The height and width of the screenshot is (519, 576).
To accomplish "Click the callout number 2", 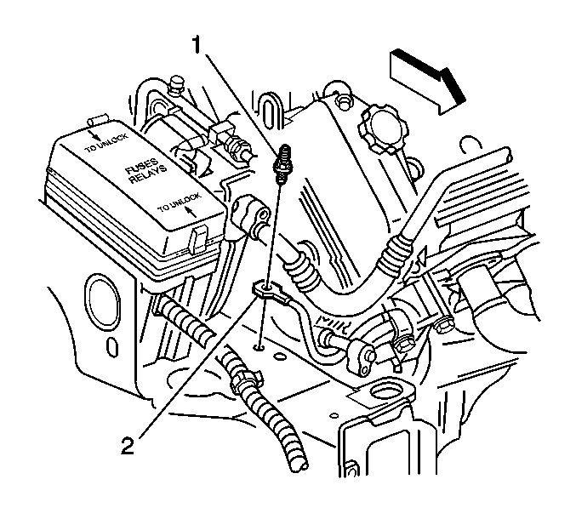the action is click(128, 446).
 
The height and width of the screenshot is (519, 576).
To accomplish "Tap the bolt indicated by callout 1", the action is click(282, 164).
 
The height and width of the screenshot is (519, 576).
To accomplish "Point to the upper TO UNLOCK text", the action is click(106, 143).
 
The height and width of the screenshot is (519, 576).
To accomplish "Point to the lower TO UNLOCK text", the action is click(179, 202).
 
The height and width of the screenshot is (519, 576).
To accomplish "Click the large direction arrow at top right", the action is click(428, 82).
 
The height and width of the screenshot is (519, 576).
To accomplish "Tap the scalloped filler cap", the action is click(383, 128).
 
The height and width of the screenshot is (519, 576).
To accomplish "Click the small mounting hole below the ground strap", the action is click(259, 346).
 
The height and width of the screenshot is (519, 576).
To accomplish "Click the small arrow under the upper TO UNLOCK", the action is click(96, 135).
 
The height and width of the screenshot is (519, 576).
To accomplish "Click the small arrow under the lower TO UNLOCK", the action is click(190, 211).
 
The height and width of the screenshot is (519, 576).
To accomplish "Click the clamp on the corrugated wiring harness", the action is click(245, 382).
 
